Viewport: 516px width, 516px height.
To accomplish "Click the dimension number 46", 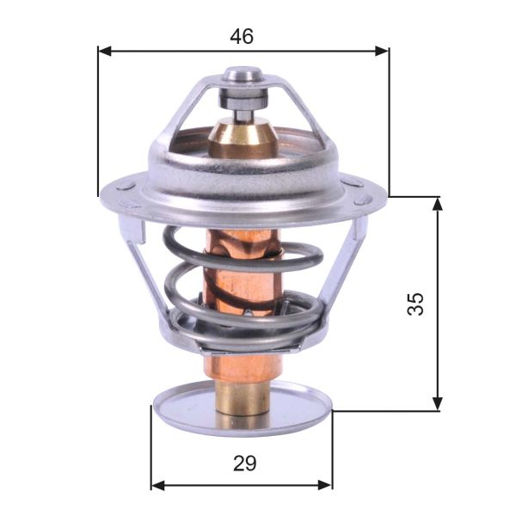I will point(242,36).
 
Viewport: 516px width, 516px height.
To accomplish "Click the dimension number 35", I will point(415,303).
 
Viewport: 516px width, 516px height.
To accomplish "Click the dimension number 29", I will point(244,464).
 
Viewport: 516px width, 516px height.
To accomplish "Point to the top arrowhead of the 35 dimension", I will point(438,203).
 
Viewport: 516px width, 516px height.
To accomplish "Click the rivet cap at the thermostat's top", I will point(242,77).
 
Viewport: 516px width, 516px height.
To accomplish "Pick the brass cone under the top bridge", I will point(242,135).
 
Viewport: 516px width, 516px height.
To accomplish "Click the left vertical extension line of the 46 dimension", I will point(99,120).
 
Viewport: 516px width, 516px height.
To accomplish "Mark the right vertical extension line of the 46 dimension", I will point(389,120).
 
